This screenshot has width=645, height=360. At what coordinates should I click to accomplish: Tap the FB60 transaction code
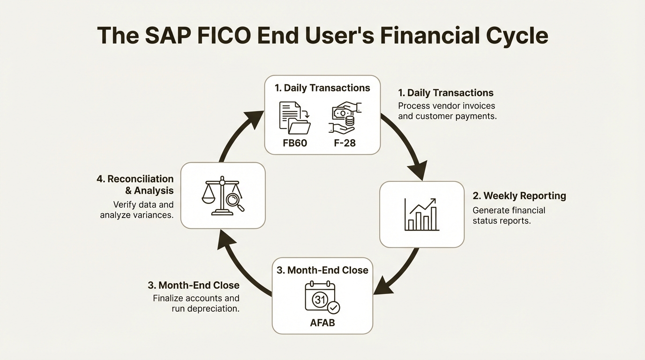[x=295, y=143]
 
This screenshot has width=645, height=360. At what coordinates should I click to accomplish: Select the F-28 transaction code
[x=345, y=143]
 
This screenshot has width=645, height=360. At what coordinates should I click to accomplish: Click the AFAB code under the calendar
[x=322, y=322]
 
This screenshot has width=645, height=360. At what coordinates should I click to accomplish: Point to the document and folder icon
[x=295, y=118]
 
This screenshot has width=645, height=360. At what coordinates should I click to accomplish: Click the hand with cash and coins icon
[x=345, y=117]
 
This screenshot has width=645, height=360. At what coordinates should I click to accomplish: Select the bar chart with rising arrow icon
[x=421, y=215]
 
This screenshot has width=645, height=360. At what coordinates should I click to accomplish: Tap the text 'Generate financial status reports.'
[x=509, y=215]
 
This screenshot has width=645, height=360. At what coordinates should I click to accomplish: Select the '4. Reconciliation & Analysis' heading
[x=135, y=185]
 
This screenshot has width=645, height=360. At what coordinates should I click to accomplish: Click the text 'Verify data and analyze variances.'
[x=136, y=210]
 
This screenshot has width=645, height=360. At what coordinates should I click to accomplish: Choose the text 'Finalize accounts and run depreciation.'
[x=196, y=303]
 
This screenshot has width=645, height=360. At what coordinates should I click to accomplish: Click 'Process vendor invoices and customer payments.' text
[x=447, y=111]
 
